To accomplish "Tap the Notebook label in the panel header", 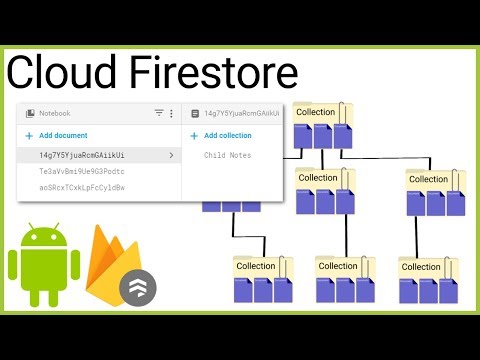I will [x=55, y=114].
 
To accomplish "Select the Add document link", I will [x=62, y=135].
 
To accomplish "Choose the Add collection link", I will [x=227, y=135].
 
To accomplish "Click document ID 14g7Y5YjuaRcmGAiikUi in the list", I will [x=82, y=155].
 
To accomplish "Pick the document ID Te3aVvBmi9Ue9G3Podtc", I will [x=82, y=171].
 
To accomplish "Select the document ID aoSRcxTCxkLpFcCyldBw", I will [x=82, y=187].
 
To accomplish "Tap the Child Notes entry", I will [x=227, y=155].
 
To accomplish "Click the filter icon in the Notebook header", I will [x=158, y=114].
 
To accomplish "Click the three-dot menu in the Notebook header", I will [x=171, y=114].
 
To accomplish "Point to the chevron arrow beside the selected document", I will [x=171, y=155].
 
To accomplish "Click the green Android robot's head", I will [x=43, y=238].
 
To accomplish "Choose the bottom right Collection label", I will [x=420, y=267].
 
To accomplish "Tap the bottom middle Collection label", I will [x=337, y=266].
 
